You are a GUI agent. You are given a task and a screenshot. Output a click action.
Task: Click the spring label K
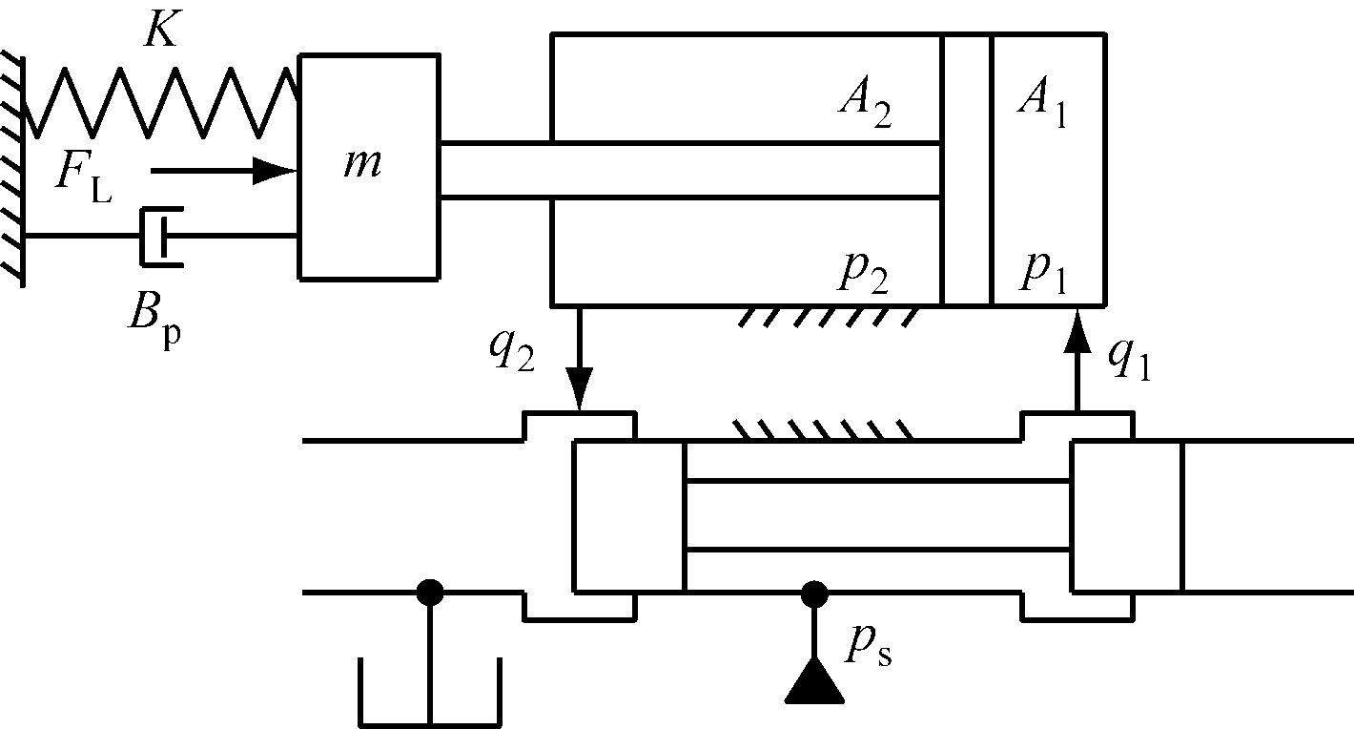click(159, 31)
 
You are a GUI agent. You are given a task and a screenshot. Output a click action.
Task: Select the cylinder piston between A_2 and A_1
click(966, 170)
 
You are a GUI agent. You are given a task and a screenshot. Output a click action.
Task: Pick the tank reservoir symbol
click(430, 693)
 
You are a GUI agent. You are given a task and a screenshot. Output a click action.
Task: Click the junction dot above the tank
click(430, 593)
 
